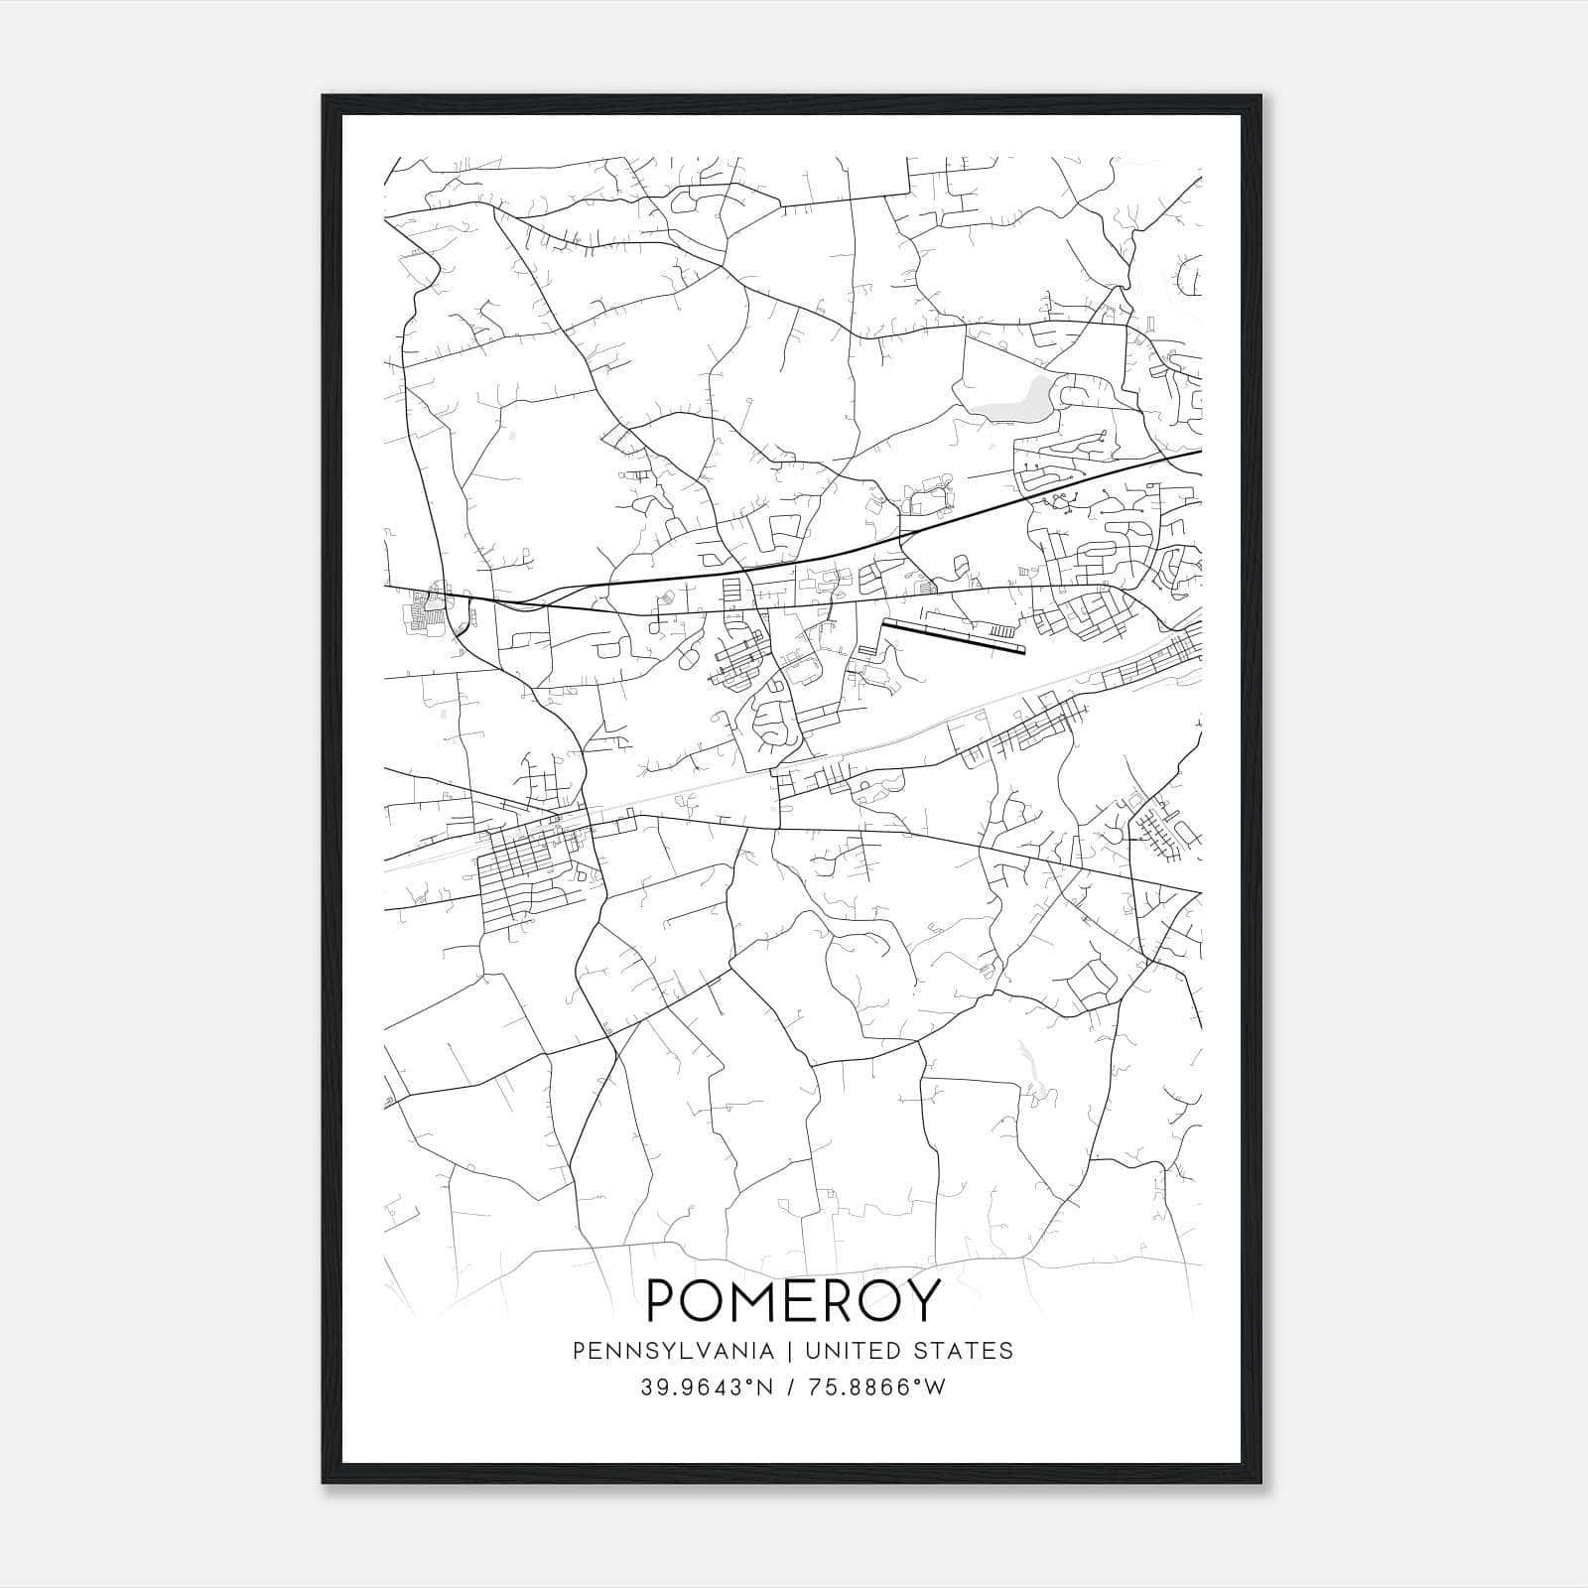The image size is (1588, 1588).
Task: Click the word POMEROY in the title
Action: click(792, 1300)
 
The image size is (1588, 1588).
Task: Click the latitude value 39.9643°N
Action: click(706, 1388)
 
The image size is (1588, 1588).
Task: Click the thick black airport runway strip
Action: click(953, 637)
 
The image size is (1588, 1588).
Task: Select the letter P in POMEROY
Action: click(663, 1300)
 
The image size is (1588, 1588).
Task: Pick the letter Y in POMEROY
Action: click(922, 1300)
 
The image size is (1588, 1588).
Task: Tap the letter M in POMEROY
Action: click(757, 1300)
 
